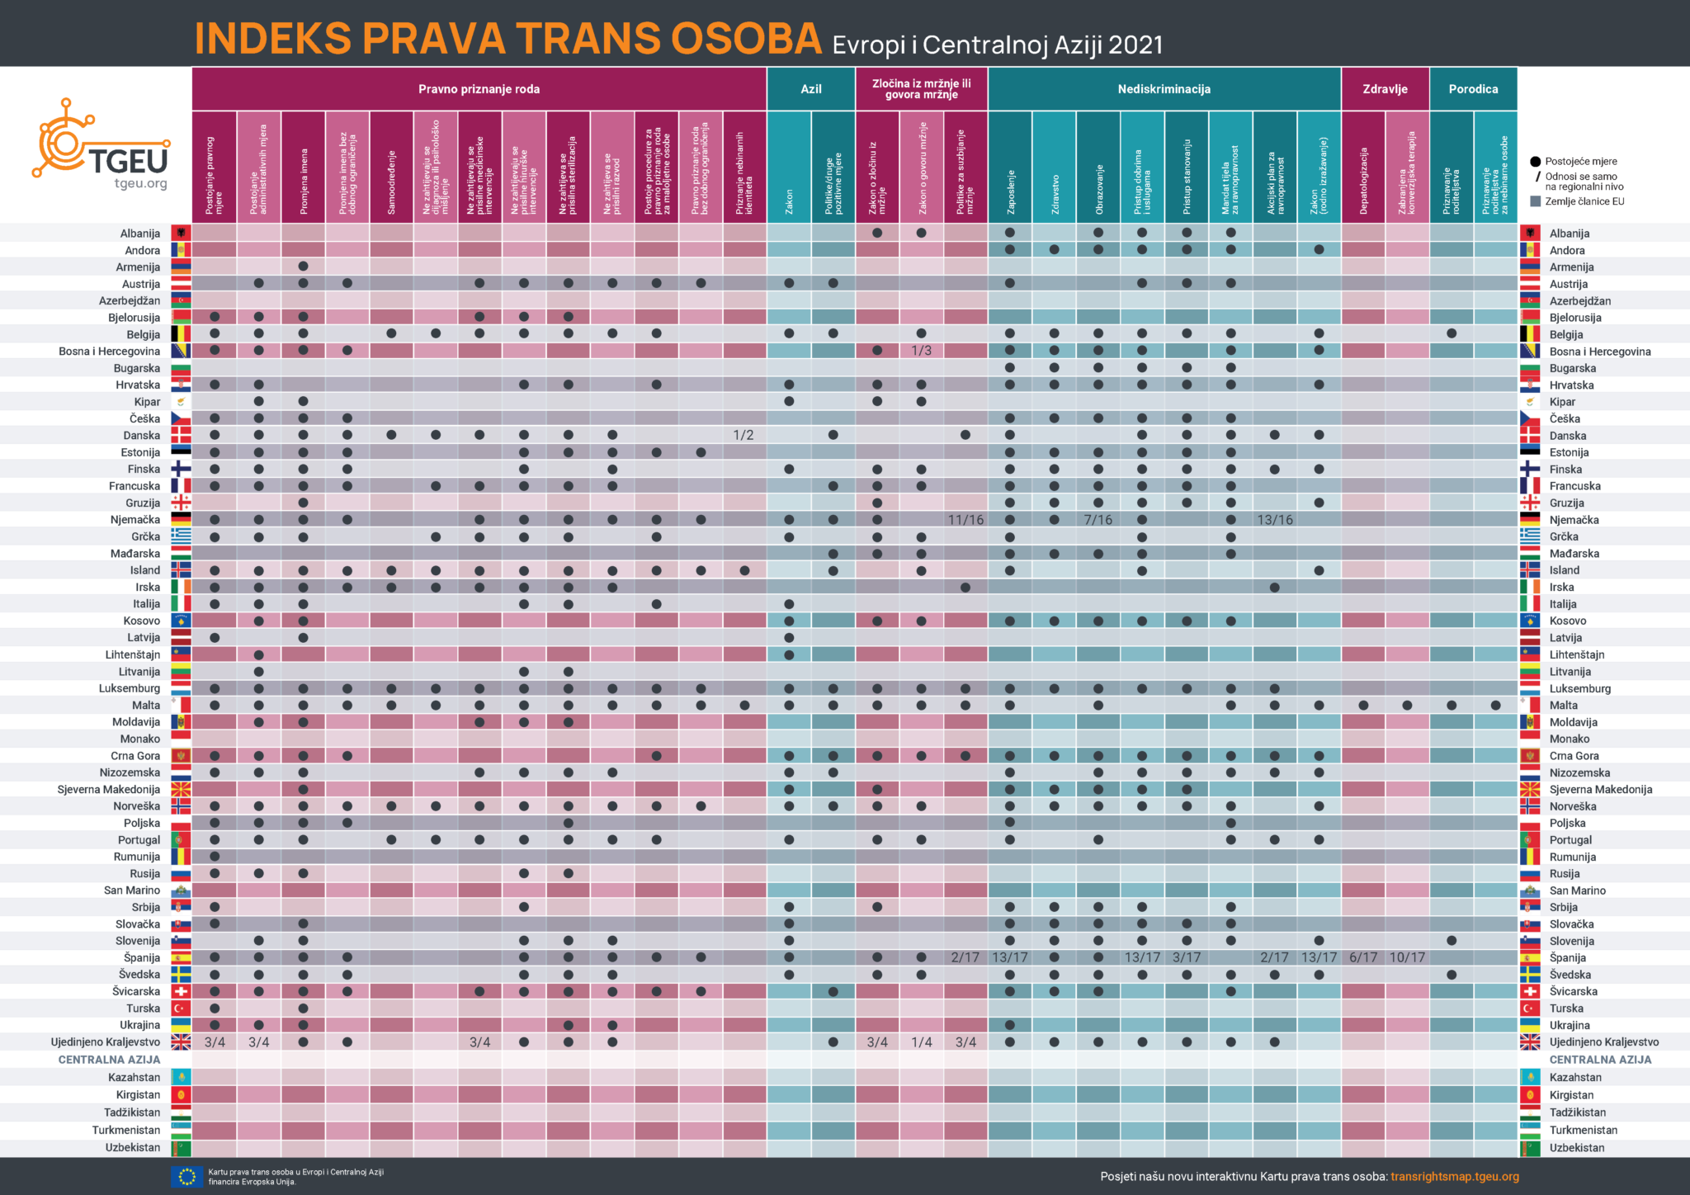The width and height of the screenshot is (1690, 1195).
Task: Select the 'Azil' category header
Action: coord(810,89)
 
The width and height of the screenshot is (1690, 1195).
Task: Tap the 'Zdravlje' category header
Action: coord(1385,89)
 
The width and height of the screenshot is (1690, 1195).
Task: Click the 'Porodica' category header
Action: coord(1473,89)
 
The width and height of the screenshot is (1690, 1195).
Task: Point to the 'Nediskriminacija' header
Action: coord(1164,89)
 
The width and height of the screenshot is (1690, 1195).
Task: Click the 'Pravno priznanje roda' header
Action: coord(479,89)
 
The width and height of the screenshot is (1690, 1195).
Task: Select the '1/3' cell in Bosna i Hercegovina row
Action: coord(921,351)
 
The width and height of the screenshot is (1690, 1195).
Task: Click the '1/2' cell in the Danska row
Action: coord(744,435)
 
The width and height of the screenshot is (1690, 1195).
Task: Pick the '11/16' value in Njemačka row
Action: coord(965,520)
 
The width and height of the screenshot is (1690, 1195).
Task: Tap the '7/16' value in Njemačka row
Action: coord(1098,520)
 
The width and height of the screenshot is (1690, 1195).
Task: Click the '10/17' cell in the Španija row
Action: coord(1407,957)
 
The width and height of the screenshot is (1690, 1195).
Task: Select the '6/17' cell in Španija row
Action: coord(1363,957)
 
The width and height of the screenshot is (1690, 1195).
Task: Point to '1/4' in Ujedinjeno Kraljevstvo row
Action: coord(921,1042)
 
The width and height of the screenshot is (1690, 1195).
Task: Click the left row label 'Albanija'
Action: coord(139,234)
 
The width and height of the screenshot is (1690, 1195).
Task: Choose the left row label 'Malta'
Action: coord(146,705)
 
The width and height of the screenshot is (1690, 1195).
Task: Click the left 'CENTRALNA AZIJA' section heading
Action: coord(109,1060)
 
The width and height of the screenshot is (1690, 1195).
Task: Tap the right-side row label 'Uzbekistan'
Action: coord(1576,1147)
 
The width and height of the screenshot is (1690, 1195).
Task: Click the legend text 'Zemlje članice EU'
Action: coord(1584,201)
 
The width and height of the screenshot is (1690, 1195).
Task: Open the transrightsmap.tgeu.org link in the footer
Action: coord(1454,1176)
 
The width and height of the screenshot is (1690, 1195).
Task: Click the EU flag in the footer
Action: coord(186,1176)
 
